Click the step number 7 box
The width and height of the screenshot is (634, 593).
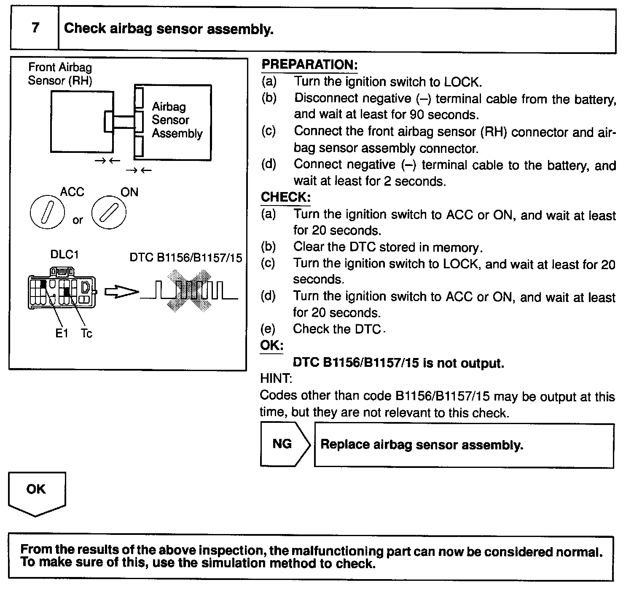click(35, 29)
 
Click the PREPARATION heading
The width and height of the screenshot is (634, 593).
click(309, 65)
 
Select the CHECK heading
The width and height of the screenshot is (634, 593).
click(285, 197)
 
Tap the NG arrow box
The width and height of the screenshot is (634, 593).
click(284, 445)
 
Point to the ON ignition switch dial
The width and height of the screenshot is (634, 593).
click(109, 212)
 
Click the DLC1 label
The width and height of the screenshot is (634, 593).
click(64, 255)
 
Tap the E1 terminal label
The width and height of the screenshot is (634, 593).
click(62, 334)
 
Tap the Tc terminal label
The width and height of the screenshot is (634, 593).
click(86, 334)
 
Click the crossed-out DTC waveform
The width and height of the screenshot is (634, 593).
click(188, 291)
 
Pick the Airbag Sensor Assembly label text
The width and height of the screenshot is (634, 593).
click(177, 120)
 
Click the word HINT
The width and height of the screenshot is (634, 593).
click(276, 379)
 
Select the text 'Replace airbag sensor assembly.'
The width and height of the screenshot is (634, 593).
click(422, 445)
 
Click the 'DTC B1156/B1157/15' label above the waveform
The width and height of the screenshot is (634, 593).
click(186, 257)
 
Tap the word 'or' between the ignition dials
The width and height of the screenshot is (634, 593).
click(78, 220)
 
